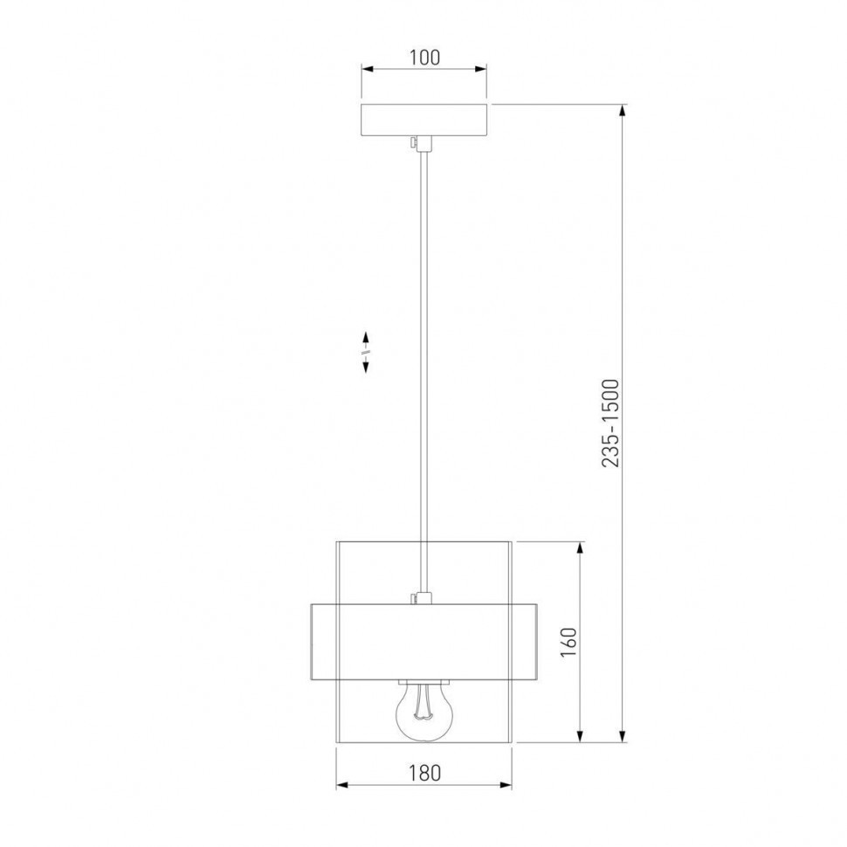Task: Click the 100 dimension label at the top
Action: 424,58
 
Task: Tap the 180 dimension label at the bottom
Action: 424,773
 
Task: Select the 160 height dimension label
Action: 568,643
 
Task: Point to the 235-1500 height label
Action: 610,423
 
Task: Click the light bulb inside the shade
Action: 424,710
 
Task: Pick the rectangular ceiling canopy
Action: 424,119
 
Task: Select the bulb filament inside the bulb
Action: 424,700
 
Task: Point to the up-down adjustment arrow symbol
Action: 366,352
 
